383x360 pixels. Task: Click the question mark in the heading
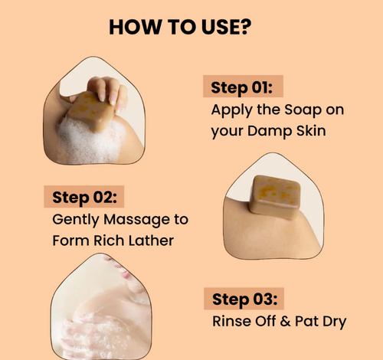click(x=245, y=27)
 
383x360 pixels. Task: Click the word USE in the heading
click(x=220, y=27)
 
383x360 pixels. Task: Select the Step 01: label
click(x=242, y=87)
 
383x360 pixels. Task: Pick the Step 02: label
click(x=84, y=198)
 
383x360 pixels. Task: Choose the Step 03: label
click(x=244, y=299)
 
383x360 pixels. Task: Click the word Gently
click(x=76, y=220)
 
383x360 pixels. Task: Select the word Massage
click(x=136, y=220)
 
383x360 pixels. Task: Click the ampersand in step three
click(x=286, y=321)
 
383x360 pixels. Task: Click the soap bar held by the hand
click(x=91, y=111)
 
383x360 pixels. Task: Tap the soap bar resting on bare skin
click(x=274, y=197)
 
